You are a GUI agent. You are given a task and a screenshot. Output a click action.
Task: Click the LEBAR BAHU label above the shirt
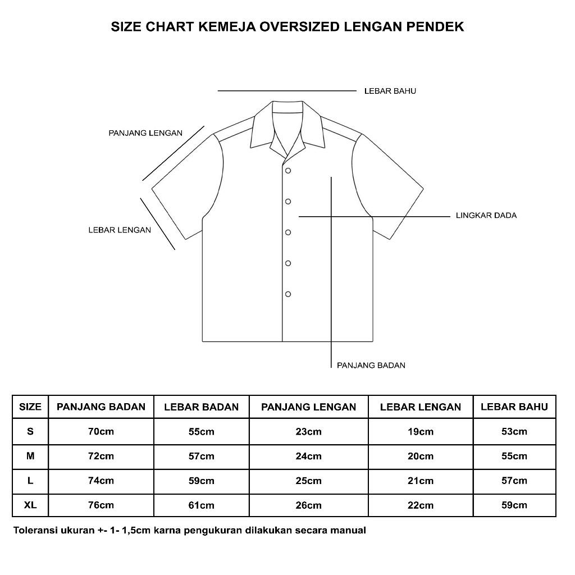click(x=390, y=91)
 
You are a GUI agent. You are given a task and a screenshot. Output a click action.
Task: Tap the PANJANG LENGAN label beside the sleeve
click(x=145, y=133)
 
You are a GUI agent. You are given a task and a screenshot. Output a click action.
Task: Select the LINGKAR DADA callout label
click(x=486, y=215)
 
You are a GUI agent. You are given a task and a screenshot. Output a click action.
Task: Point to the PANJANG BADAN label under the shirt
click(x=371, y=365)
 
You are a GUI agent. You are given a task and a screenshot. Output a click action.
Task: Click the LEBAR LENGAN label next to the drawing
click(x=120, y=230)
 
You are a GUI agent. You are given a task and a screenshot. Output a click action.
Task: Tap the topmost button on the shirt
click(x=288, y=170)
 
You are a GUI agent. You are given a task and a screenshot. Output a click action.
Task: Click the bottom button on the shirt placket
click(x=288, y=294)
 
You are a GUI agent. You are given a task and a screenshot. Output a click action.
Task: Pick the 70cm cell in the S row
click(x=101, y=432)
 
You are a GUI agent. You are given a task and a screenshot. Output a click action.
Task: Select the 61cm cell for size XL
click(x=201, y=505)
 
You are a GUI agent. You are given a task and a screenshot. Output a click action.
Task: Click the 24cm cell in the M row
click(x=308, y=456)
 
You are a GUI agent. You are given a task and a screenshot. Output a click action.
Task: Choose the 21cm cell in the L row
click(x=420, y=481)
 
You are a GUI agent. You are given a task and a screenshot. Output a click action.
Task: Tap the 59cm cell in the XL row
click(x=514, y=505)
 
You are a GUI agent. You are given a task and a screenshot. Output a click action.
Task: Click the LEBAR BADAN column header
click(x=201, y=407)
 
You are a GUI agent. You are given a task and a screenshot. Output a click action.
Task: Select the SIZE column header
click(x=30, y=407)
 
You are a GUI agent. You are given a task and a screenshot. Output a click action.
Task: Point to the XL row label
click(x=30, y=505)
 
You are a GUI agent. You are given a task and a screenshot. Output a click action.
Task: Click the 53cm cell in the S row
click(x=514, y=432)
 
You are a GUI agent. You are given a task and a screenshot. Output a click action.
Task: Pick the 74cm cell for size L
click(x=101, y=481)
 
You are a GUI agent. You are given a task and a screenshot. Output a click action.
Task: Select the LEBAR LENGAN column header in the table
click(x=420, y=407)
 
